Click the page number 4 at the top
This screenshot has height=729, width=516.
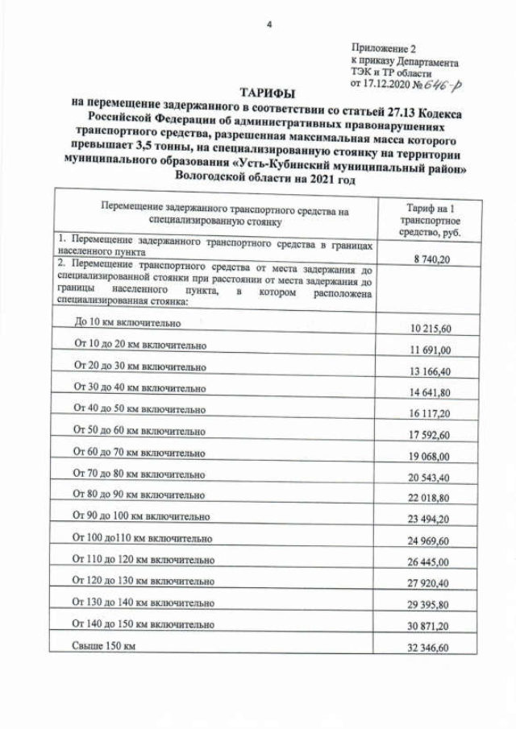click(268, 25)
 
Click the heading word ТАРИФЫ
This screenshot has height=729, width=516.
click(267, 93)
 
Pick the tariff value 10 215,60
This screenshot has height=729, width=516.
click(427, 329)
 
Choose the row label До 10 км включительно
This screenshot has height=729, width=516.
click(127, 322)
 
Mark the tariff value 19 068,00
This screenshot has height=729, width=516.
click(427, 457)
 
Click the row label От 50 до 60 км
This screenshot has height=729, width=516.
click(139, 430)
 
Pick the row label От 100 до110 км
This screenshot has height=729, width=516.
click(143, 536)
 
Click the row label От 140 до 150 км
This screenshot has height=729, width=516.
click(144, 623)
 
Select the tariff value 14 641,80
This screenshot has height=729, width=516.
click(427, 392)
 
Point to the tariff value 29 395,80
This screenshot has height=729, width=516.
click(427, 605)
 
